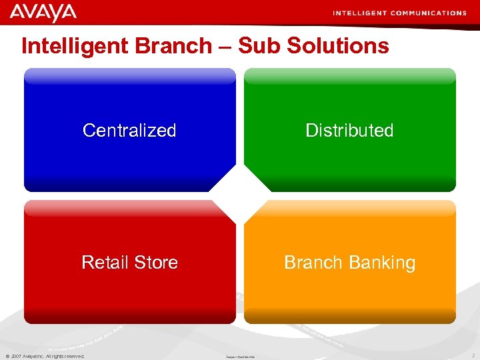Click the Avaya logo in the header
tap(43, 12)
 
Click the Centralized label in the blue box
tap(129, 130)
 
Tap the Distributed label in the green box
tap(349, 130)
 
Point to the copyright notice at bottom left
tap(45, 356)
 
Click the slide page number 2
tap(472, 356)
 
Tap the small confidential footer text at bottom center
tap(241, 357)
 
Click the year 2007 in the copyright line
tap(16, 356)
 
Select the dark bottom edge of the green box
tap(349, 185)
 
